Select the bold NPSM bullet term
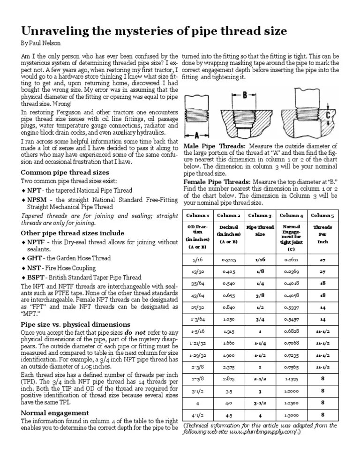37,199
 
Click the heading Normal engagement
55,413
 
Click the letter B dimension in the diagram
245,96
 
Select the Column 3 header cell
260,215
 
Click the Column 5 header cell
322,215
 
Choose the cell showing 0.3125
228,259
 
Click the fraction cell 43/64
197,296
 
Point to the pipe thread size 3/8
260,296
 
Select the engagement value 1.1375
291,378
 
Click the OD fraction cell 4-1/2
197,414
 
